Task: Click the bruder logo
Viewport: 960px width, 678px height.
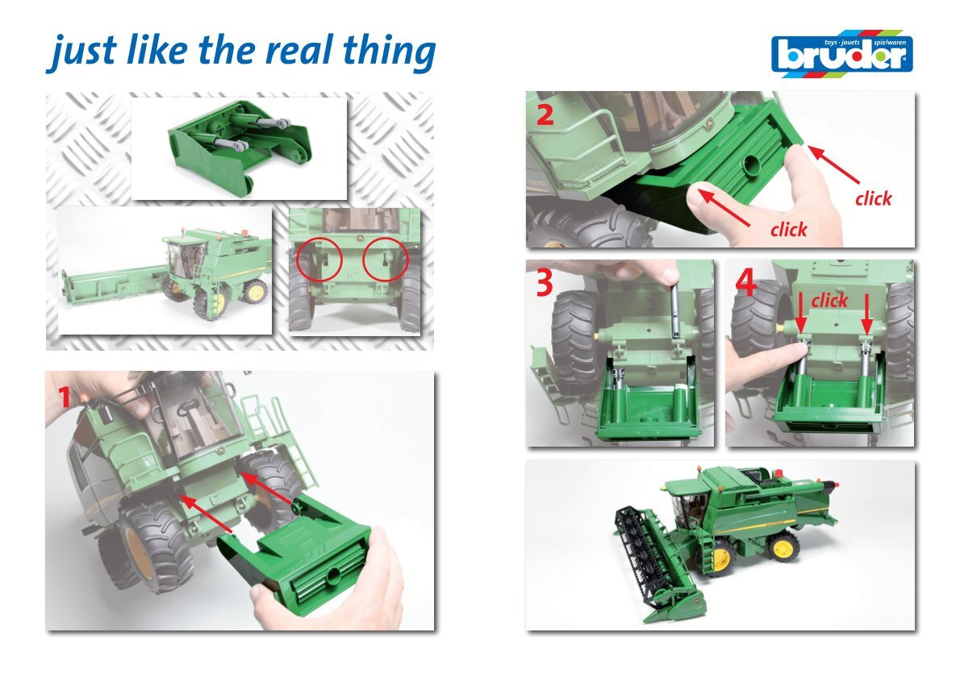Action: coord(842,53)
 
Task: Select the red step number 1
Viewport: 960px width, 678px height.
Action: coord(65,397)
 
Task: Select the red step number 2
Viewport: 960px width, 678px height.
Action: coord(545,114)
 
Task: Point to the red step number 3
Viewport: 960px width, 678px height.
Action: coord(545,283)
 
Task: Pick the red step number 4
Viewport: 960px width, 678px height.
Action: coord(745,282)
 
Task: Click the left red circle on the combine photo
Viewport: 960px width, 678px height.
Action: coord(319,259)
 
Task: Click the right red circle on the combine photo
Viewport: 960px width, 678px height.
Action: coord(385,259)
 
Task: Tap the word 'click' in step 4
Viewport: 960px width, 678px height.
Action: coord(829,301)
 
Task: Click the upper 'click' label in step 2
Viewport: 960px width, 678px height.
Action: coord(874,198)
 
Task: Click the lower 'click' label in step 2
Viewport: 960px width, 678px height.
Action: coord(789,230)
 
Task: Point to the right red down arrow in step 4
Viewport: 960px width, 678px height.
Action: coord(866,314)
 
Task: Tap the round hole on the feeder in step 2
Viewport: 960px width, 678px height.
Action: coord(750,164)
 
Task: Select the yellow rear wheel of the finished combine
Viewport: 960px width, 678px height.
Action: coord(785,547)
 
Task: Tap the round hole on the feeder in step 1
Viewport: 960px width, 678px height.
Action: coord(334,575)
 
